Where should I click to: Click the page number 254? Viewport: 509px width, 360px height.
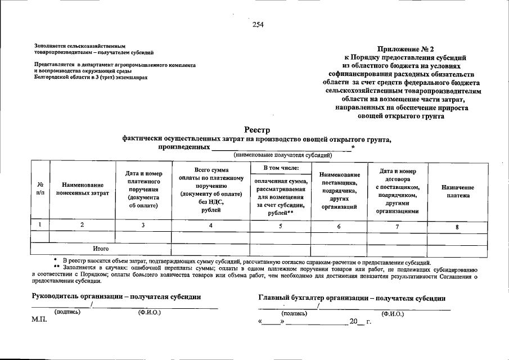[258, 24]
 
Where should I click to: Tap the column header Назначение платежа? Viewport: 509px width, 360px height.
[457, 191]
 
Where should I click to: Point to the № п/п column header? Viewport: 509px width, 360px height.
[40, 188]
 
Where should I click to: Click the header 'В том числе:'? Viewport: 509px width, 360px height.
[280, 168]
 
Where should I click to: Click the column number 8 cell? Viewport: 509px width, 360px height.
[457, 227]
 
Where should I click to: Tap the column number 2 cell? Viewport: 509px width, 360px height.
[82, 225]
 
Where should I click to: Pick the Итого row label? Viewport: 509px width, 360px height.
[101, 248]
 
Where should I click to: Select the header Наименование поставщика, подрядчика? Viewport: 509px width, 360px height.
[339, 191]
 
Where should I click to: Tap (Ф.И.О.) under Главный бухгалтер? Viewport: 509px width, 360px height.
[392, 314]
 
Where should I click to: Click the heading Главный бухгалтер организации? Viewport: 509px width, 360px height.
[352, 298]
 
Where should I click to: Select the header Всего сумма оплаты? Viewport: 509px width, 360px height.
[211, 189]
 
